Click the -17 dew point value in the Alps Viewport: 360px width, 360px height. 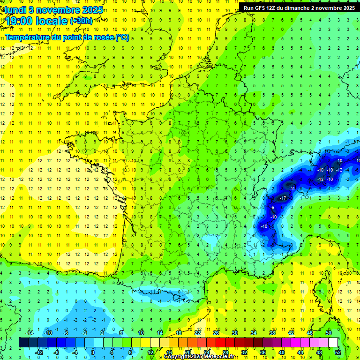pyautogui.click(x=283, y=198)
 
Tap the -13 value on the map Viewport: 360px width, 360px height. pyautogui.click(x=321, y=180)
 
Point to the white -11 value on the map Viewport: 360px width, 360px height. pyautogui.click(x=292, y=188)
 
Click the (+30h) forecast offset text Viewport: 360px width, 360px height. pyautogui.click(x=81, y=21)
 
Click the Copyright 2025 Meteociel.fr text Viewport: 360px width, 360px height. pyautogui.click(x=205, y=357)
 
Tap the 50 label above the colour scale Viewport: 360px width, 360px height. pyautogui.click(x=328, y=333)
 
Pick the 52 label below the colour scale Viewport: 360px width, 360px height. pyautogui.click(x=338, y=352)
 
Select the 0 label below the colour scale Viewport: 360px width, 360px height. pyautogui.click(x=93, y=352)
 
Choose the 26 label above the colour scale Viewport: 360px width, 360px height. pyautogui.click(x=216, y=333)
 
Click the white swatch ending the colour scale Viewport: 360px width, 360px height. pyautogui.click(x=333, y=343)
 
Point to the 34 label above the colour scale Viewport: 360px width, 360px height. pyautogui.click(x=254, y=333)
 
